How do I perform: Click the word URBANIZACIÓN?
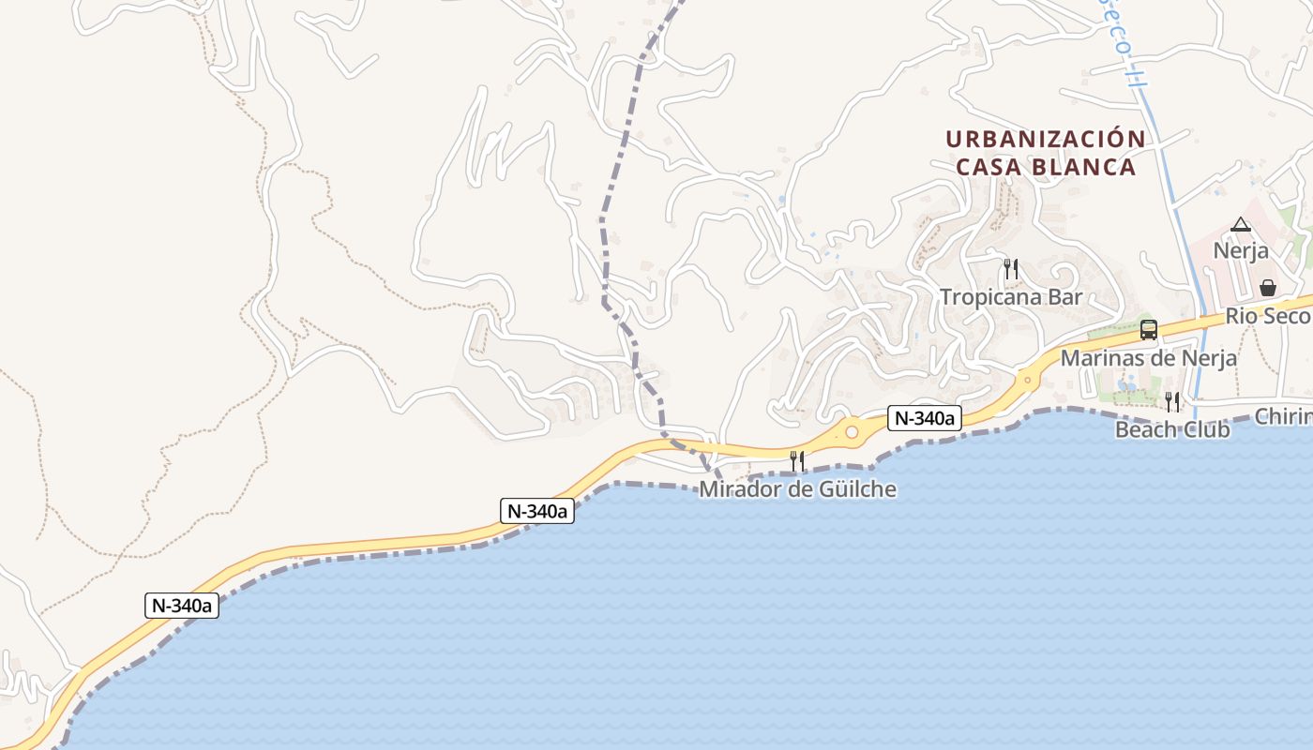coord(1045,139)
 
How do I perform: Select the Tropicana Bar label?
coord(1011,297)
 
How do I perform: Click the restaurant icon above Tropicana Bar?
coord(1011,269)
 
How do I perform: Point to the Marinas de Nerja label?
coord(1148,358)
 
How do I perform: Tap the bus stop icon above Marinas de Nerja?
coord(1148,330)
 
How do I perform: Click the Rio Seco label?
coord(1267,317)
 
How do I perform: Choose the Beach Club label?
coord(1172,430)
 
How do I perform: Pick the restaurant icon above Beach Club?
coord(1172,402)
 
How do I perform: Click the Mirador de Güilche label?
coord(797,489)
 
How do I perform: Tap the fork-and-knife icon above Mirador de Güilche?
coord(797,460)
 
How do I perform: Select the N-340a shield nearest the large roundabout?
coord(925,419)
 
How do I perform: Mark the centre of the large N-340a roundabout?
coord(852,432)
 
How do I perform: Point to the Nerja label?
coord(1241,251)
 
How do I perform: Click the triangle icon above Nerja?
coord(1241,225)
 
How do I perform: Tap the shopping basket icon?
coord(1268,288)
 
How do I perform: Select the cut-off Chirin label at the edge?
coord(1284,416)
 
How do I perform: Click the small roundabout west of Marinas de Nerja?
coord(1028,381)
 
